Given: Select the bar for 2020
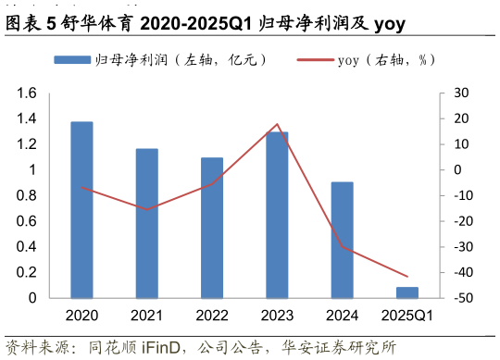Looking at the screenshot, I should pyautogui.click(x=81, y=210).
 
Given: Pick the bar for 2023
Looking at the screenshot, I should pyautogui.click(x=277, y=215).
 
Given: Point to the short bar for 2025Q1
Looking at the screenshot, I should pyautogui.click(x=407, y=292).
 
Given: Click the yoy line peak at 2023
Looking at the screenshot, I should pyautogui.click(x=277, y=124).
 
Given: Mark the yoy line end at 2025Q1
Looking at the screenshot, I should pyautogui.click(x=407, y=277).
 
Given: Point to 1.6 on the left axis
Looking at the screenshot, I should pyautogui.click(x=27, y=93).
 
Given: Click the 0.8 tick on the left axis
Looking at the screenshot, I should pyautogui.click(x=27, y=196).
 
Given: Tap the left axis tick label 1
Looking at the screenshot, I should pyautogui.click(x=31, y=170).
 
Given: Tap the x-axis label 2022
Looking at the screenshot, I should pyautogui.click(x=212, y=317).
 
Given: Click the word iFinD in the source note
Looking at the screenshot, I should pyautogui.click(x=168, y=347).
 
